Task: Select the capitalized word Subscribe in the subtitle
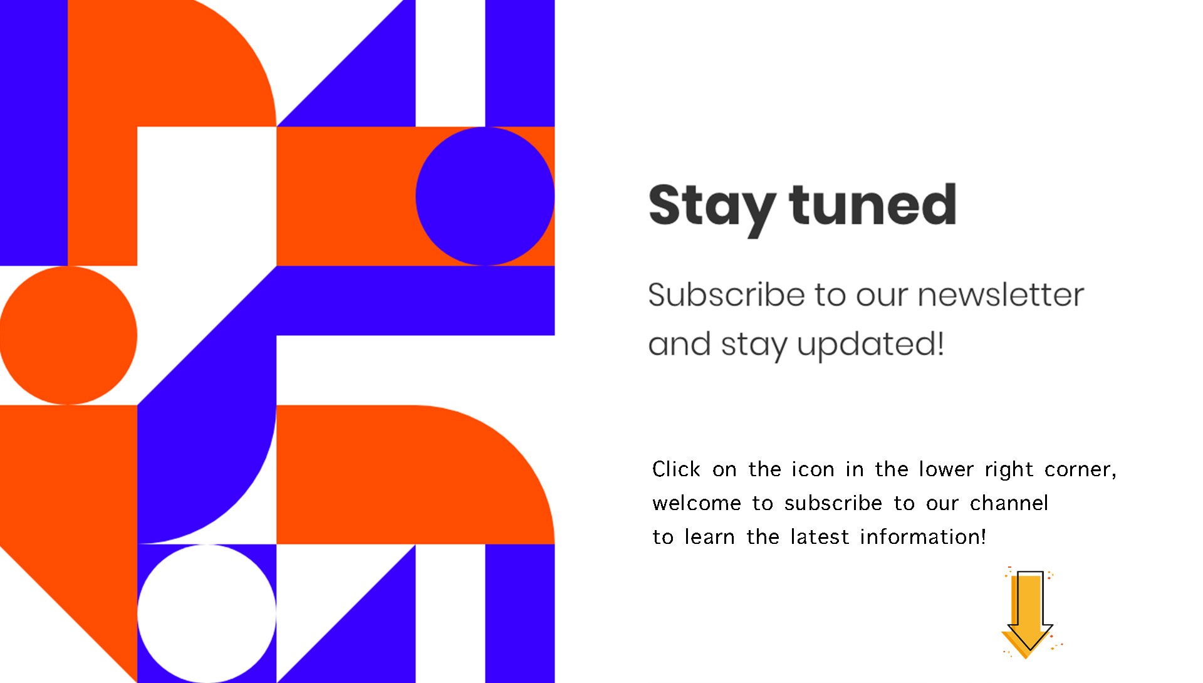pyautogui.click(x=726, y=295)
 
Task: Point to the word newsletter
pyautogui.click(x=1001, y=295)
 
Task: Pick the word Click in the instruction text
pyautogui.click(x=676, y=469)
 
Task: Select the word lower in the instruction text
pyautogui.click(x=946, y=469)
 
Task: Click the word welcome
pyautogui.click(x=697, y=503)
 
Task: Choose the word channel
pyautogui.click(x=1009, y=503)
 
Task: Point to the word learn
pyautogui.click(x=709, y=537)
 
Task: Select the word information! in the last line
pyautogui.click(x=923, y=537)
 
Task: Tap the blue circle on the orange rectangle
pyautogui.click(x=485, y=196)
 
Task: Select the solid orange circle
pyautogui.click(x=68, y=335)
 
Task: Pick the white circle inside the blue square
pyautogui.click(x=207, y=613)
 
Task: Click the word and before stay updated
pyautogui.click(x=679, y=345)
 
